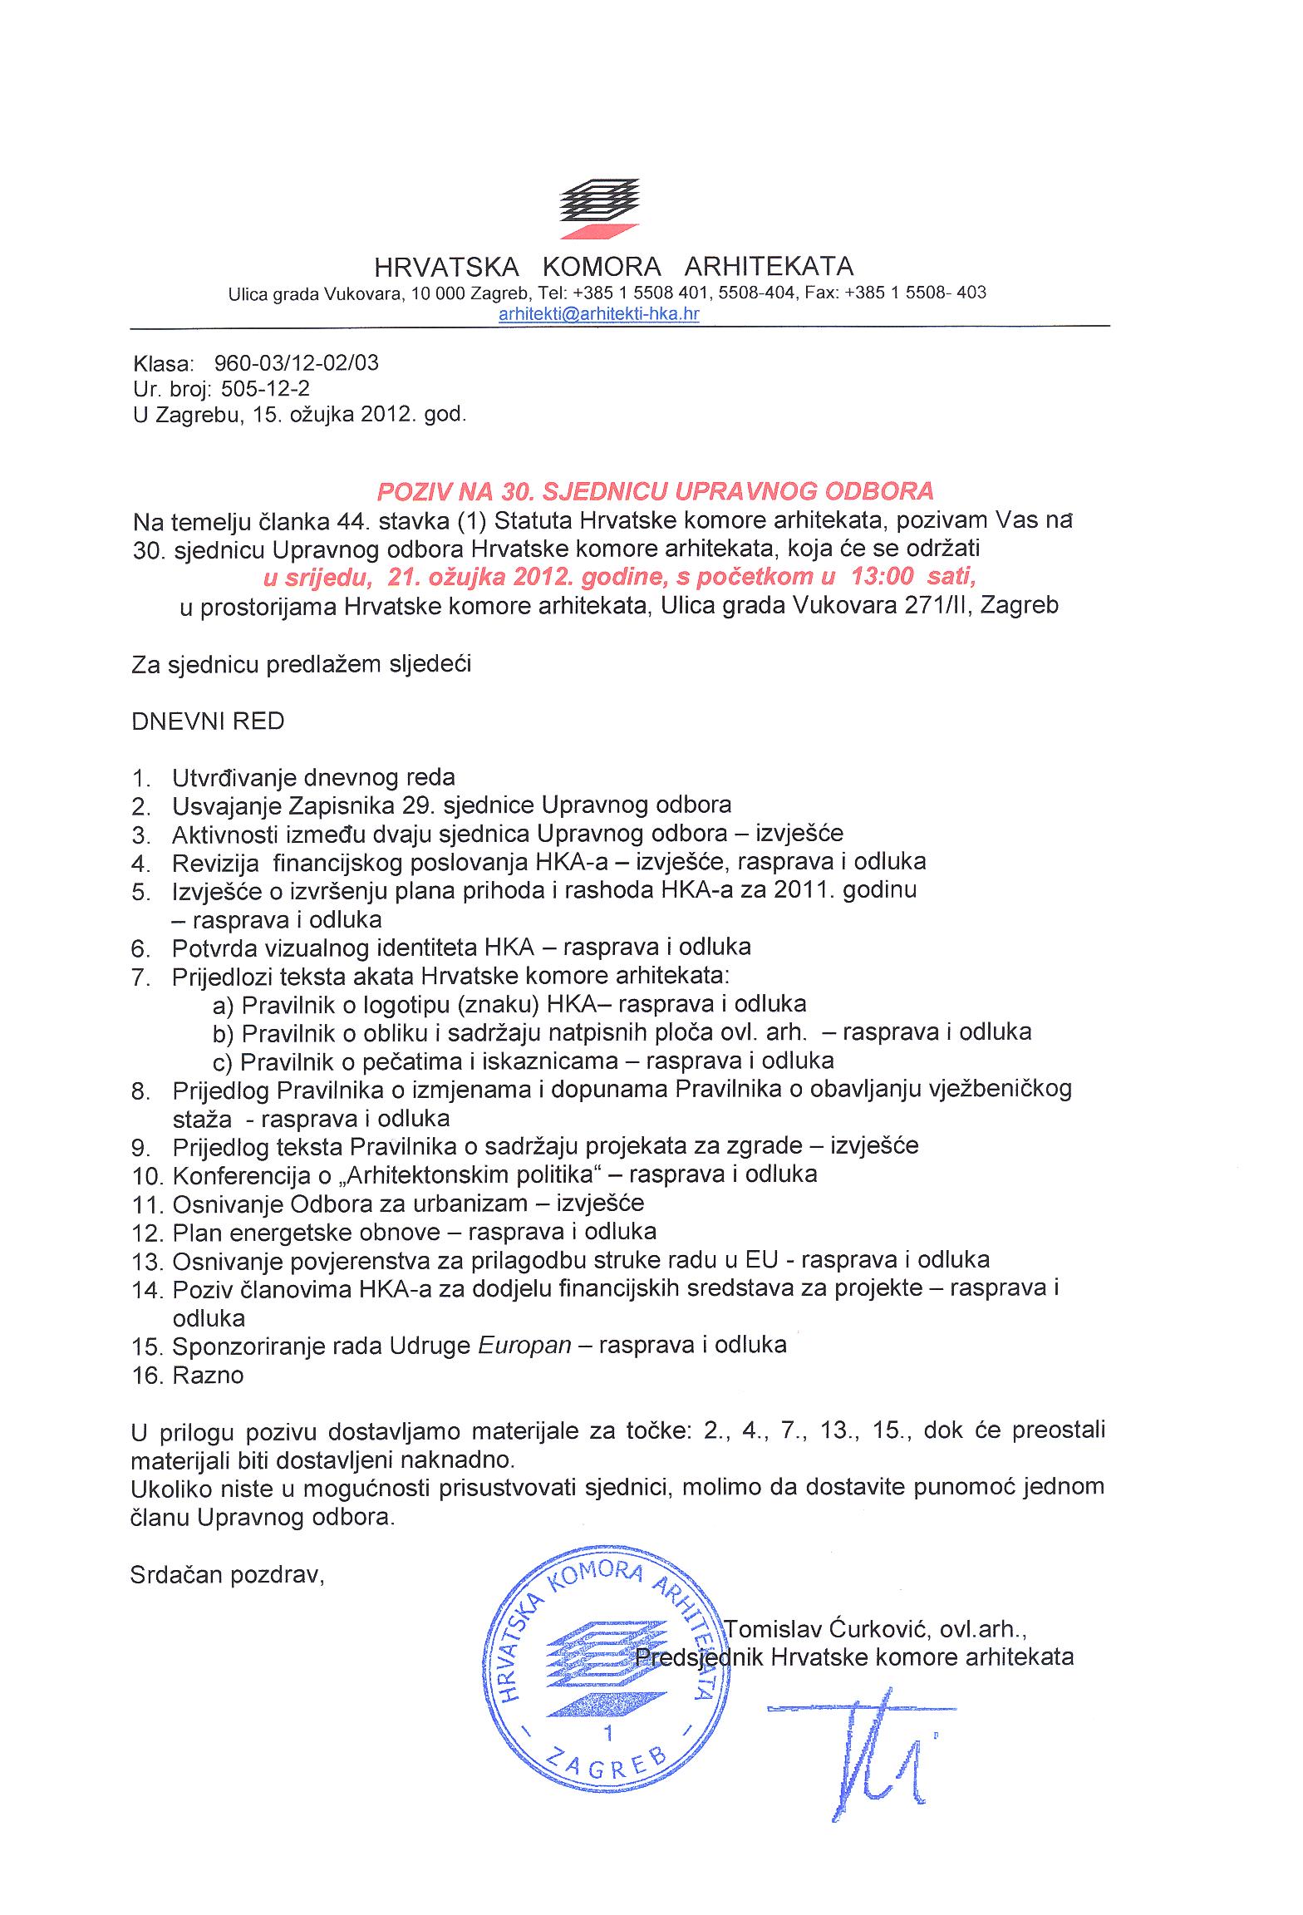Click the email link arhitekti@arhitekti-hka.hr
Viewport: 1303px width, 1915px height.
click(x=598, y=313)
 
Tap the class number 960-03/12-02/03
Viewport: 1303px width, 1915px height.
click(x=296, y=363)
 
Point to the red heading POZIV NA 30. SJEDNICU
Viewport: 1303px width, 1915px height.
click(x=656, y=491)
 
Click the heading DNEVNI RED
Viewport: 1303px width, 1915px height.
click(x=208, y=721)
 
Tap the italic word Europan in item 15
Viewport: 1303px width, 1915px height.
click(x=525, y=1345)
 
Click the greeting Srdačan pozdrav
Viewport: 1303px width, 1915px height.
click(x=227, y=1575)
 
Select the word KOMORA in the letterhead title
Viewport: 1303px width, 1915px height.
click(x=601, y=267)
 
